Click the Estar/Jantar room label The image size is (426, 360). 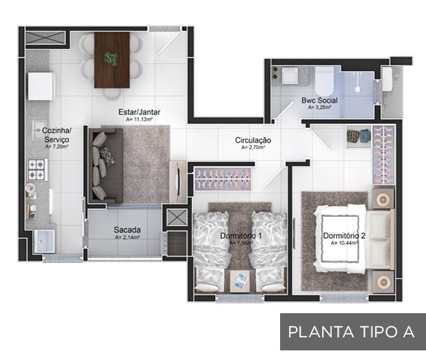click(139, 112)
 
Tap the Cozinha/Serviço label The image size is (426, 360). click(57, 135)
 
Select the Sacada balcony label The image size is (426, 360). click(127, 230)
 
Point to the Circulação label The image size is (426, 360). click(253, 140)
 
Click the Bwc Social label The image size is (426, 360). click(319, 100)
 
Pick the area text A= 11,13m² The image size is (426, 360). click(139, 119)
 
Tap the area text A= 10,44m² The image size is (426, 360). click(344, 243)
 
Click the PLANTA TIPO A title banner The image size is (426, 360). click(353, 332)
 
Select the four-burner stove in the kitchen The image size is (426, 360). click(36, 169)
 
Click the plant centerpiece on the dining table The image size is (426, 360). click(111, 59)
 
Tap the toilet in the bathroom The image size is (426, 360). click(324, 81)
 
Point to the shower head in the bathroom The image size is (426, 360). click(358, 89)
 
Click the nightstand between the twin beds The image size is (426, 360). click(240, 282)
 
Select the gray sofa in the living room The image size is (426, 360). click(106, 166)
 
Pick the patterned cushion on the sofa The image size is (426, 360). click(109, 156)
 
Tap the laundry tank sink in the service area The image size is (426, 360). click(45, 242)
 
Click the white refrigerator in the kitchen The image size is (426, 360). click(41, 86)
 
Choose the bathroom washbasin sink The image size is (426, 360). click(290, 75)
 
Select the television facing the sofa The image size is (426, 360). click(178, 182)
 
